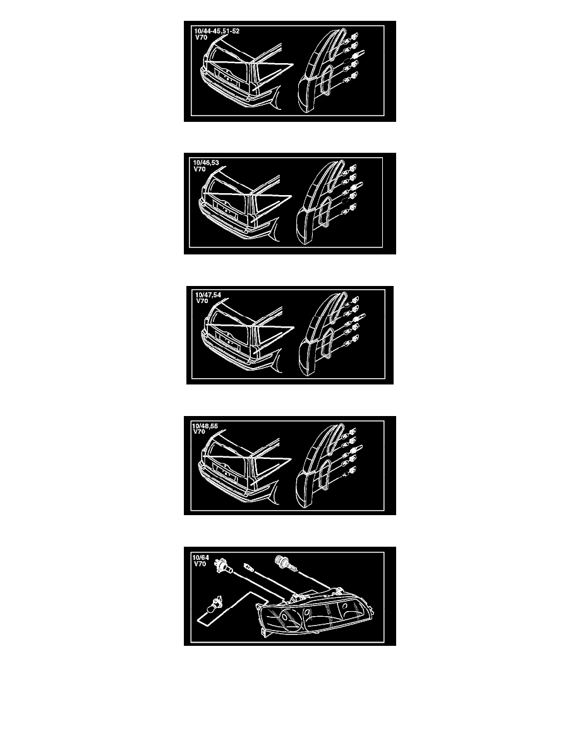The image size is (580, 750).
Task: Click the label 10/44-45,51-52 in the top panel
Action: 217,31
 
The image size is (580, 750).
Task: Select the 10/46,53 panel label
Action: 206,163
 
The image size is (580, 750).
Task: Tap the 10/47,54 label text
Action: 208,295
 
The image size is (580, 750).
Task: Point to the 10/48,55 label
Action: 205,426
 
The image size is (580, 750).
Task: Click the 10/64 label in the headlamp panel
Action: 200,557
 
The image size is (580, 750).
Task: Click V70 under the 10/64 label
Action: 200,564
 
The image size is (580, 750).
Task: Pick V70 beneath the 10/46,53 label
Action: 199,169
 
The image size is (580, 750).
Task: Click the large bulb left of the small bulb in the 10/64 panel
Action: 224,564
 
